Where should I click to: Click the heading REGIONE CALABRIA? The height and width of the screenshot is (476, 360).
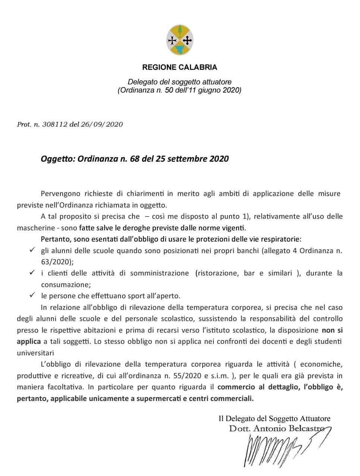(179, 68)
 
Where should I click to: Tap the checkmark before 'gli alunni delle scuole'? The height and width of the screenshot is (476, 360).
(32, 250)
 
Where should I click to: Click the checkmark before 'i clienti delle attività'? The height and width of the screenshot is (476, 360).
(32, 273)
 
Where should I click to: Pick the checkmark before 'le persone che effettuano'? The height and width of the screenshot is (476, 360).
(32, 295)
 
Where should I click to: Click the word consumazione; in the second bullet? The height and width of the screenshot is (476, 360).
(66, 284)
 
